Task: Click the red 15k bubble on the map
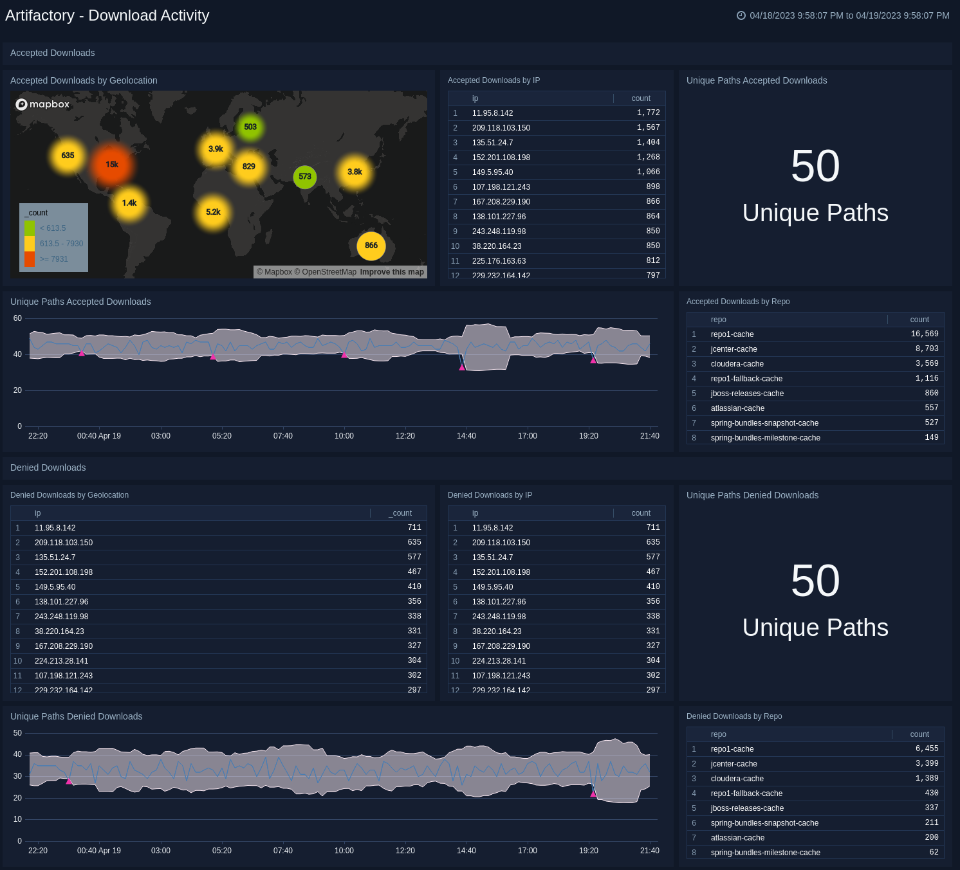pos(112,165)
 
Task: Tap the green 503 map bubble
pos(250,127)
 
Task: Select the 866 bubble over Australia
pos(371,246)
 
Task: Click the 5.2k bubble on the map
pos(213,212)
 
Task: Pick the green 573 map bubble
pos(305,176)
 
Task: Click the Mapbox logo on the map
pos(42,104)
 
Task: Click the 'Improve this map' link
pos(392,272)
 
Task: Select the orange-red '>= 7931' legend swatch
pos(30,259)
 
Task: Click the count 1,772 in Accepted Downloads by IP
pos(648,113)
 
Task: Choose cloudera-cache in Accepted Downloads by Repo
pos(737,364)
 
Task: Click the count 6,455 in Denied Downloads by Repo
pos(927,749)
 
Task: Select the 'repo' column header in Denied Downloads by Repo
pos(718,734)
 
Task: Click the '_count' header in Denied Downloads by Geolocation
pos(400,513)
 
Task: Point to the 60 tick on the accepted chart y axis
pos(17,318)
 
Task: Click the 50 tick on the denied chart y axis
pos(17,733)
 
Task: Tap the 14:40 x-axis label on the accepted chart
pos(466,436)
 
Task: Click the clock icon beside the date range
pos(741,15)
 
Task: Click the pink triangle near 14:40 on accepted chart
pos(462,367)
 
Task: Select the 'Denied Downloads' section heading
pos(48,467)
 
